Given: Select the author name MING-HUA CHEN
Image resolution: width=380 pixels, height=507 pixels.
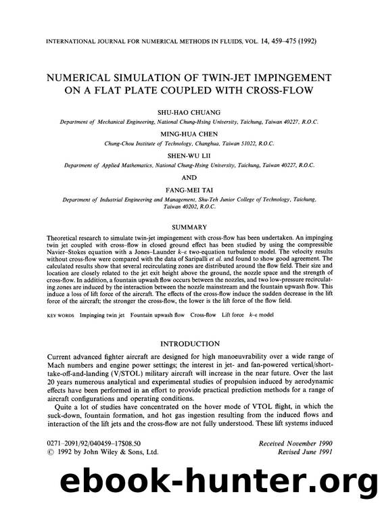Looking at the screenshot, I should [x=190, y=133].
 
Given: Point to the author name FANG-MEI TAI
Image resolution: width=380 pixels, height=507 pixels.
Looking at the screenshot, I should [x=190, y=190].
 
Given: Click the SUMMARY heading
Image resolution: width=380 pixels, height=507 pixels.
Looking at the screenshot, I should [x=190, y=227].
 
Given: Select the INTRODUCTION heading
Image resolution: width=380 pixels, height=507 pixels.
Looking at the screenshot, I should [x=190, y=344].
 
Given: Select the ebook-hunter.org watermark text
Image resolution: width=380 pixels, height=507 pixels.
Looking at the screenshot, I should [x=190, y=483].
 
